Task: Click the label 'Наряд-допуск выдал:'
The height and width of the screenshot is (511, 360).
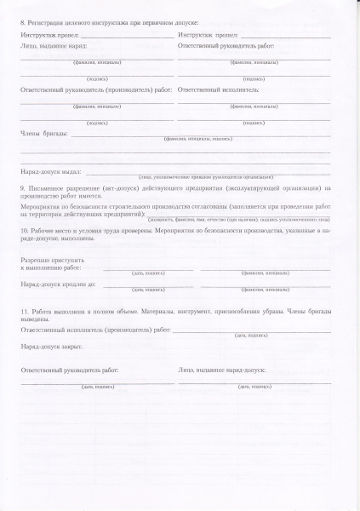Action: click(52, 171)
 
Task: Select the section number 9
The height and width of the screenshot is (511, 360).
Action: click(22, 187)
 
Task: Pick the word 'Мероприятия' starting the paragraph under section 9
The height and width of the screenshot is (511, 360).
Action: click(43, 204)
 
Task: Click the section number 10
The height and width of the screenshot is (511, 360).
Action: click(24, 231)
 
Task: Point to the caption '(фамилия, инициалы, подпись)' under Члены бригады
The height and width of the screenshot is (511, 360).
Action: click(198, 138)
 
